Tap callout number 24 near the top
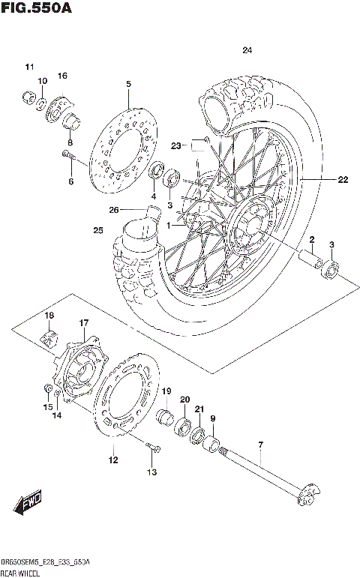[247, 51]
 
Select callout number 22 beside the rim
[343, 179]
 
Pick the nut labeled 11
[28, 95]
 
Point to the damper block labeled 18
[49, 337]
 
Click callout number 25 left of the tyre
[97, 229]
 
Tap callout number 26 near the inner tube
[114, 209]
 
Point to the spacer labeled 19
[165, 417]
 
